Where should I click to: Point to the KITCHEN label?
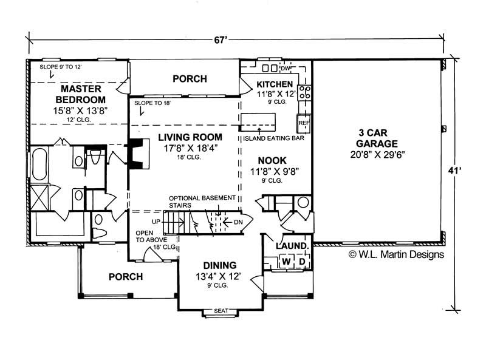275,84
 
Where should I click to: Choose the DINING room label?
220,265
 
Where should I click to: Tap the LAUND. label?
293,246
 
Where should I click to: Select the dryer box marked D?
301,261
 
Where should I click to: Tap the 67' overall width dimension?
237,40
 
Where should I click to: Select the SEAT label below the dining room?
221,311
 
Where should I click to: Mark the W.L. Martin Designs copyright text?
396,254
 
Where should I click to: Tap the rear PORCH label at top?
190,79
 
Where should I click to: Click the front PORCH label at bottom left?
125,277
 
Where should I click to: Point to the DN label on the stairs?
238,222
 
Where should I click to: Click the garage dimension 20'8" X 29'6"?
377,155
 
